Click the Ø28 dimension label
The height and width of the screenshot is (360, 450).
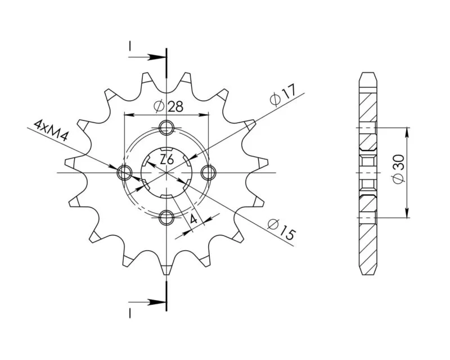(168, 106)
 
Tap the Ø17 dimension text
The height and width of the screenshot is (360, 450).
(283, 95)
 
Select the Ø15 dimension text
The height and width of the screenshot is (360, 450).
(281, 229)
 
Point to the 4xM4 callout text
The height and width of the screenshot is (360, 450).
(51, 131)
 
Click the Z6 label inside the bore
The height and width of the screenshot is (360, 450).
(166, 160)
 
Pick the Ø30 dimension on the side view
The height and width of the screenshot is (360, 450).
(399, 169)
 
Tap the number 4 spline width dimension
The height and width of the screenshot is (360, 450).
(193, 219)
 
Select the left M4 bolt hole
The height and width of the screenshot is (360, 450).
(124, 173)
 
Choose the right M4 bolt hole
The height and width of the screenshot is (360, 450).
(208, 173)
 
